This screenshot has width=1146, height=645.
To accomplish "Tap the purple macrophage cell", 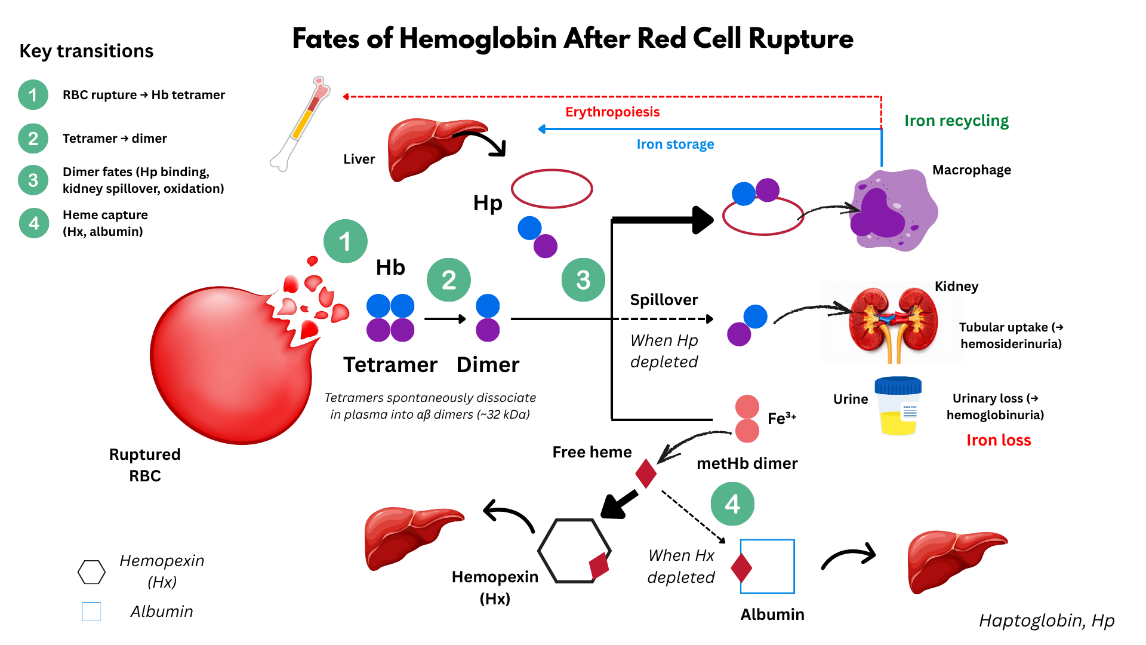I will pos(892,210).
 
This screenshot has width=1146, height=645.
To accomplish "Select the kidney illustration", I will pos(893,322).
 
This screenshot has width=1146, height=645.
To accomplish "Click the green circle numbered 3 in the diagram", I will pos(583,279).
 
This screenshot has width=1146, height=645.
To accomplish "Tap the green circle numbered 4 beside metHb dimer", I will pos(732,504).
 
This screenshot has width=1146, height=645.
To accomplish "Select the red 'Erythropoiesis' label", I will pos(612,112).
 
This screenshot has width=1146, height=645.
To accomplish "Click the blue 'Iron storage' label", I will pos(675,145).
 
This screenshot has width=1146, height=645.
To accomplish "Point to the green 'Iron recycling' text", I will pos(956,121).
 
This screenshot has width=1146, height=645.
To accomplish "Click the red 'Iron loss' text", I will pos(999,440).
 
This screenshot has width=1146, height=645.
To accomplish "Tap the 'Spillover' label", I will pos(664,300).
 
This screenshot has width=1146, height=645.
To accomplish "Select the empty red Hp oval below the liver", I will pos(552,189).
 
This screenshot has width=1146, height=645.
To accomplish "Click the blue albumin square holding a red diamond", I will pos(768,566).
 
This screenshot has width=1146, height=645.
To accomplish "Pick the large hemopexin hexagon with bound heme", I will pos(574,550).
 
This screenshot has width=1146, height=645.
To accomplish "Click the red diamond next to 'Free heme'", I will pos(646,473).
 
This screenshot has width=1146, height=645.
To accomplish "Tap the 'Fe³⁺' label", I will pos(781,418).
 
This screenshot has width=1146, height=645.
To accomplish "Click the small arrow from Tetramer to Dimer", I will pos(445,319).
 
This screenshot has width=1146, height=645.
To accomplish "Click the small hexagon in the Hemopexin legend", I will pos(91,572).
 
